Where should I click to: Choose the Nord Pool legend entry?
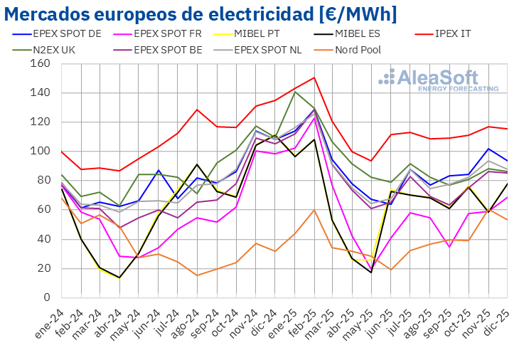point(356,50)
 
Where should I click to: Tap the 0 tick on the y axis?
point(46,297)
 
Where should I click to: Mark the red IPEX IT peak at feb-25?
point(314,78)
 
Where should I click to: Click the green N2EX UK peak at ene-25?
point(294,92)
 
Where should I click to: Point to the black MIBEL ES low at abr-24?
point(119,277)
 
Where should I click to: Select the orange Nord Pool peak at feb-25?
point(314,210)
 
